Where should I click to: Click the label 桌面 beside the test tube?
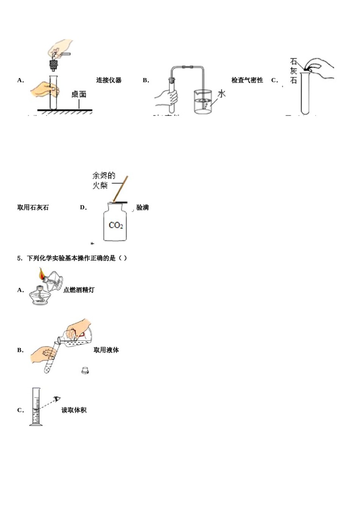pyautogui.click(x=79, y=94)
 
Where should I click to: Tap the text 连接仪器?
pyautogui.click(x=109, y=80)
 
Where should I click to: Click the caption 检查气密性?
pyautogui.click(x=247, y=80)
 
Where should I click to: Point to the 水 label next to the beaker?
pyautogui.click(x=221, y=94)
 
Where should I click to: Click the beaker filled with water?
pyautogui.click(x=203, y=102)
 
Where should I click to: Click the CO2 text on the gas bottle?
pyautogui.click(x=116, y=225)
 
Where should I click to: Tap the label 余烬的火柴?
pyautogui.click(x=103, y=180)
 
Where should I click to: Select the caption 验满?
pyautogui.click(x=142, y=208)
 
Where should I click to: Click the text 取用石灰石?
pyautogui.click(x=33, y=208)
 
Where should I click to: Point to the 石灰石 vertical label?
pyautogui.click(x=293, y=71)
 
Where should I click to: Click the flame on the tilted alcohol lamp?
pyautogui.click(x=41, y=273)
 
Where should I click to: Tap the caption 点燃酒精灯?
pyautogui.click(x=79, y=290)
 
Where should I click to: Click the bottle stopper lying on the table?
pyautogui.click(x=85, y=370)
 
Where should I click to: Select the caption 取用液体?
pyautogui.click(x=106, y=350)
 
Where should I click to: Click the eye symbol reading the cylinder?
pyautogui.click(x=58, y=398)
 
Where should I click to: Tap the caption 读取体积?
pyautogui.click(x=74, y=410)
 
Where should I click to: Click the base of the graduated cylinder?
pyautogui.click(x=36, y=425)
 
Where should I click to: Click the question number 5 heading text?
pyautogui.click(x=72, y=258)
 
